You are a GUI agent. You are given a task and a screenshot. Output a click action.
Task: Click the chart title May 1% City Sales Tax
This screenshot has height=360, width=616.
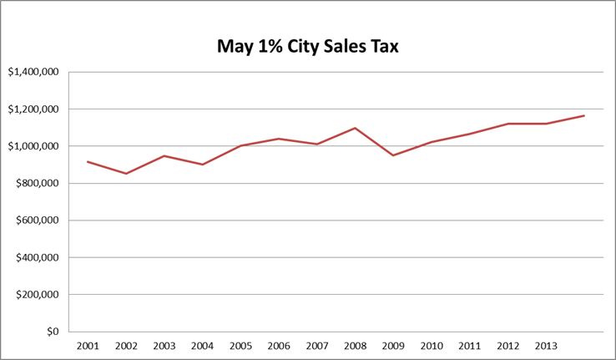pos(308,46)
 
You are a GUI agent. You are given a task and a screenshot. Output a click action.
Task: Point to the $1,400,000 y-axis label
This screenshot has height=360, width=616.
pos(33,72)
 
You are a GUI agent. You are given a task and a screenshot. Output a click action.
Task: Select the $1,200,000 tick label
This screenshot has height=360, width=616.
pos(33,109)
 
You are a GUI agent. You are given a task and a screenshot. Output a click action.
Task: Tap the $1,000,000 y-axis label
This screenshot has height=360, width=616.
pos(33,146)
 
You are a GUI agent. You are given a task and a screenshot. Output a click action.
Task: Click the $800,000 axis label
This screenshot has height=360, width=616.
pos(36,184)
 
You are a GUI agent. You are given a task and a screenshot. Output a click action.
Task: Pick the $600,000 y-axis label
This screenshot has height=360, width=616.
pos(36,221)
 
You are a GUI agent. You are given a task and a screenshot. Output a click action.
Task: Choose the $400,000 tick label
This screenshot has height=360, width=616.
pos(36,257)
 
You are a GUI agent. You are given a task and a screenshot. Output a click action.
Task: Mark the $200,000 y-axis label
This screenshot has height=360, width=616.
pos(36,295)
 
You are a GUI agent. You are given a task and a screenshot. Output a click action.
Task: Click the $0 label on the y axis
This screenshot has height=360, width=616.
pos(52,332)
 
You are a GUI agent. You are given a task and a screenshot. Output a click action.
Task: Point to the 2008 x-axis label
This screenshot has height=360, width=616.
pos(355,345)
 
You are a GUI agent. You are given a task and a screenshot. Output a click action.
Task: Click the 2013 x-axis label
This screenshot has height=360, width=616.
pos(546,345)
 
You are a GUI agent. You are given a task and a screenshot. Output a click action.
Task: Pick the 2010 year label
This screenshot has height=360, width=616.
pos(432,345)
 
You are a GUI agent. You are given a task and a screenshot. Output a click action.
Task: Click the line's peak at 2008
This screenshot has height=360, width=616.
pos(355,128)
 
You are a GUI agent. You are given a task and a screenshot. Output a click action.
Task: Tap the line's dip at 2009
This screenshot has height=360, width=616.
pos(393,155)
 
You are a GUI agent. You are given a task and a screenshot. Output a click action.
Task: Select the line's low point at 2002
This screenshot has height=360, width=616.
pos(125,174)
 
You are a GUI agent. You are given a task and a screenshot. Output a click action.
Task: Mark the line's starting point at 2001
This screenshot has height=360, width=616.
pos(87,162)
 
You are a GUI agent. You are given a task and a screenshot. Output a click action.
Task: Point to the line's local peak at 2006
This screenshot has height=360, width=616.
pos(278,139)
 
